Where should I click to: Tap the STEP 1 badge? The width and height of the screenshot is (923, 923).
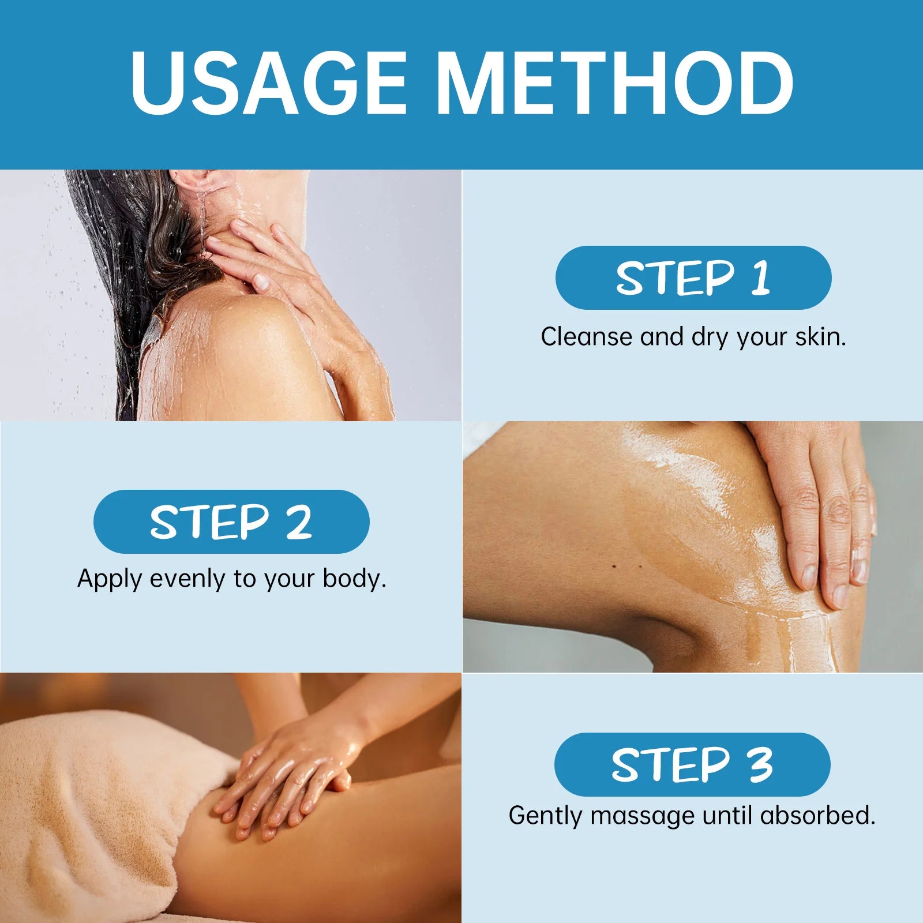[x=693, y=277]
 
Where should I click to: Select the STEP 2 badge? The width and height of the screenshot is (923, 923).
[x=231, y=521]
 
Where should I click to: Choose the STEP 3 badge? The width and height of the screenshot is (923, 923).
[x=692, y=764]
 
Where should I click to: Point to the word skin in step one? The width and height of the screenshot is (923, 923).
[x=820, y=337]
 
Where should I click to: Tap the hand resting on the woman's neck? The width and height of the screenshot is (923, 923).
[x=271, y=260]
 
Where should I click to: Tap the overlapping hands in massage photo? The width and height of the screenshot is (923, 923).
[x=288, y=773]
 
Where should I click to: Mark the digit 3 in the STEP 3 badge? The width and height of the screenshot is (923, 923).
[x=760, y=764]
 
